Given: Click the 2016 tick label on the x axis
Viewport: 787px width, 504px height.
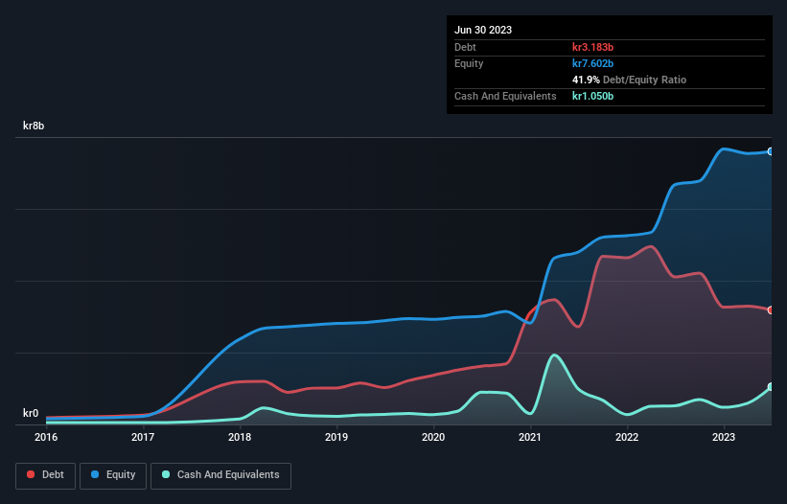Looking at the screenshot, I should pos(46,437).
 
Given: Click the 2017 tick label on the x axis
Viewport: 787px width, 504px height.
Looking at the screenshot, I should pos(143,437).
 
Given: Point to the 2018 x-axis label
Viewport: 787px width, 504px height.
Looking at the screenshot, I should pos(240,437).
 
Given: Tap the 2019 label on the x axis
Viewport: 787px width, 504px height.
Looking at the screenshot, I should pos(336,437).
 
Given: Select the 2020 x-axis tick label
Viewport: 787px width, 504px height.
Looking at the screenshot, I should pos(433,437).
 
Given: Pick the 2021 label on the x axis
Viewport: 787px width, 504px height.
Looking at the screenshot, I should pos(530,437).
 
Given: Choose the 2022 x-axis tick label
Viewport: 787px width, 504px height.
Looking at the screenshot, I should pos(627,437).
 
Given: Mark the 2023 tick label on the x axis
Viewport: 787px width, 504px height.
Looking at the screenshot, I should pos(724,437).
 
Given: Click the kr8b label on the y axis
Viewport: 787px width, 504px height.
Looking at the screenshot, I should pos(35,126).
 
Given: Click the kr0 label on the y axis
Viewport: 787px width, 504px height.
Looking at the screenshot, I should pos(31,413).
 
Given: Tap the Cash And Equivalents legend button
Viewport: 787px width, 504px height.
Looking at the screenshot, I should pos(220,475).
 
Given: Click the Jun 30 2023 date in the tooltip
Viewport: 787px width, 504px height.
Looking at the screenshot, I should pos(483,30).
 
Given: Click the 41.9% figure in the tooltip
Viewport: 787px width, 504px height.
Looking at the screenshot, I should pos(586,80).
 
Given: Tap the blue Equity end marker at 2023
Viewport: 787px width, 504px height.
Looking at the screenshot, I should pos(771,151).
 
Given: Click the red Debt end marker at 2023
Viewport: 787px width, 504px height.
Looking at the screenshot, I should pos(771,309).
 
